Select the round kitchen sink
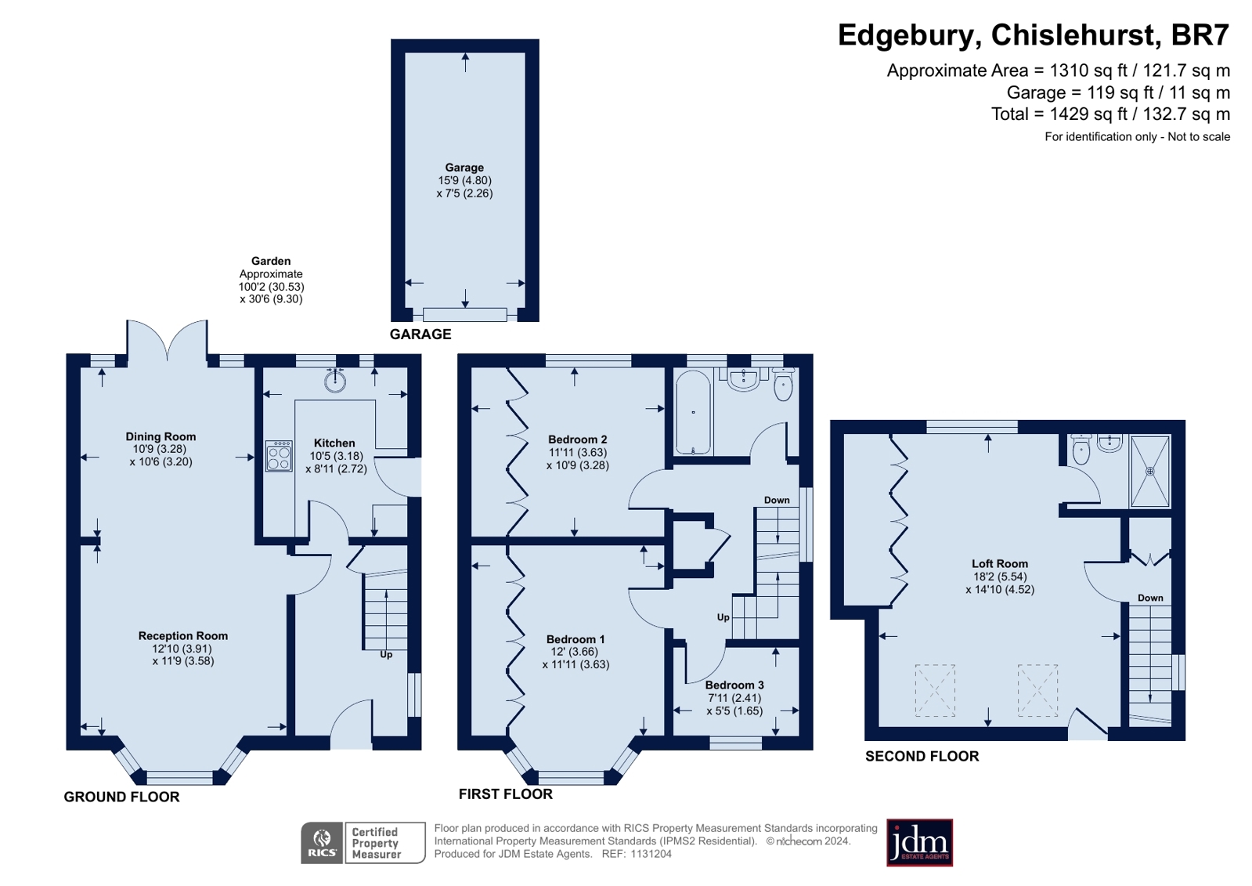[x=335, y=381]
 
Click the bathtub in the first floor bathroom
[x=693, y=412]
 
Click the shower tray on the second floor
[x=1150, y=472]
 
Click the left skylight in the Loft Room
[x=935, y=690]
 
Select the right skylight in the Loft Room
[x=1038, y=690]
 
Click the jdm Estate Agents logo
[x=919, y=843]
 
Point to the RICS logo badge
[x=322, y=843]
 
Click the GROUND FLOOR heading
[x=122, y=797]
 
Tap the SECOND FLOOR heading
[x=922, y=756]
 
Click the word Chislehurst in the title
[x=1074, y=34]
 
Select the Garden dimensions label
[x=271, y=280]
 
